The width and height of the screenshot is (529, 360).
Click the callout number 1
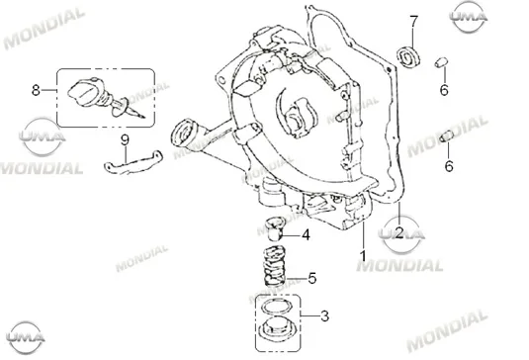[363, 256]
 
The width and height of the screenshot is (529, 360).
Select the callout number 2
[399, 232]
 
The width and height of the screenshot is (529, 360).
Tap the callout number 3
[324, 316]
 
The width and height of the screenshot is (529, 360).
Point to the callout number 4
[306, 235]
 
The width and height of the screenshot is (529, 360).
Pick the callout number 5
[312, 278]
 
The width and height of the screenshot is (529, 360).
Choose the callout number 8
[36, 90]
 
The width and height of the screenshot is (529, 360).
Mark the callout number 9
[126, 139]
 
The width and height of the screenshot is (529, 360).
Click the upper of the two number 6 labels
[444, 90]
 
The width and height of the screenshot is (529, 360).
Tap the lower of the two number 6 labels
[449, 166]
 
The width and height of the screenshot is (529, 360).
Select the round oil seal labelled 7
[408, 56]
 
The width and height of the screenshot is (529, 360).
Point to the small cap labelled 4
[275, 228]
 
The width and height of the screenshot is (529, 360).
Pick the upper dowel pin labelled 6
[441, 62]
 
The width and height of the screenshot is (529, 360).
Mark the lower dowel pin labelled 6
[447, 136]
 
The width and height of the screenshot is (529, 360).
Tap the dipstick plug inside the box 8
[105, 97]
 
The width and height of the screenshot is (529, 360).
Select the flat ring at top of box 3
[277, 307]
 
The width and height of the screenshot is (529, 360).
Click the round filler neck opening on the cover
[185, 133]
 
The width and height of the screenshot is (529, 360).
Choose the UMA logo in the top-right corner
[469, 17]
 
